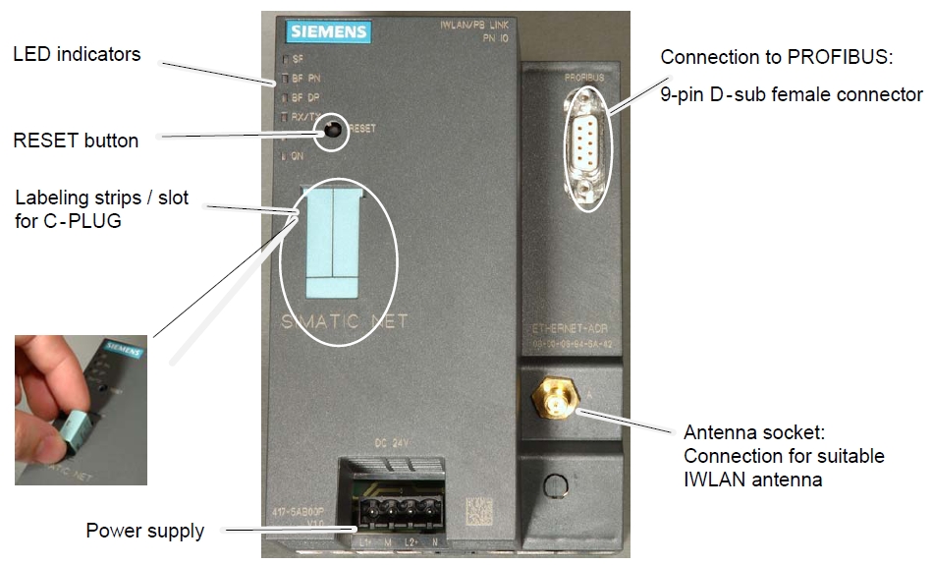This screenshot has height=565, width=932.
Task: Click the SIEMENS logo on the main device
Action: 329,32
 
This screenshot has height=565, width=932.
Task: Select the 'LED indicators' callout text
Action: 77,54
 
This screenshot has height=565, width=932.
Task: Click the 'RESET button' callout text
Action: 76,141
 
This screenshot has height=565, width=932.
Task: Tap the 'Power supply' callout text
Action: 145,531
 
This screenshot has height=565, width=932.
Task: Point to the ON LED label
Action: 296,155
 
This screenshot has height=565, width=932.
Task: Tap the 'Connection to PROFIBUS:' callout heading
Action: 776,57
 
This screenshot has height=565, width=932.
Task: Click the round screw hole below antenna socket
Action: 556,483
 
